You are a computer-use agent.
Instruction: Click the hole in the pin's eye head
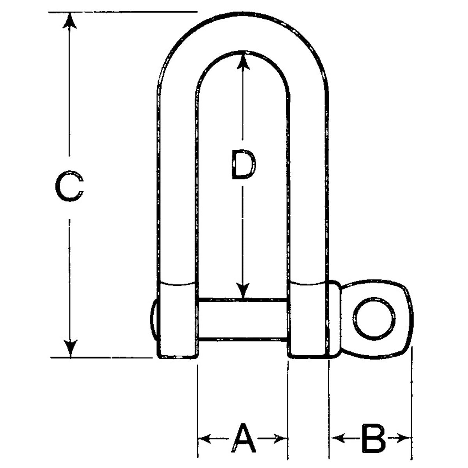[374, 318]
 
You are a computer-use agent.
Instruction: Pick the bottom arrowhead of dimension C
[70, 349]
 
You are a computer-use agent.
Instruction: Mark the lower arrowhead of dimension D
[243, 291]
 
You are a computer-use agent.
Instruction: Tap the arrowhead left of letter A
[204, 439]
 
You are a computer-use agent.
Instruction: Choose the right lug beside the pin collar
[308, 320]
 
